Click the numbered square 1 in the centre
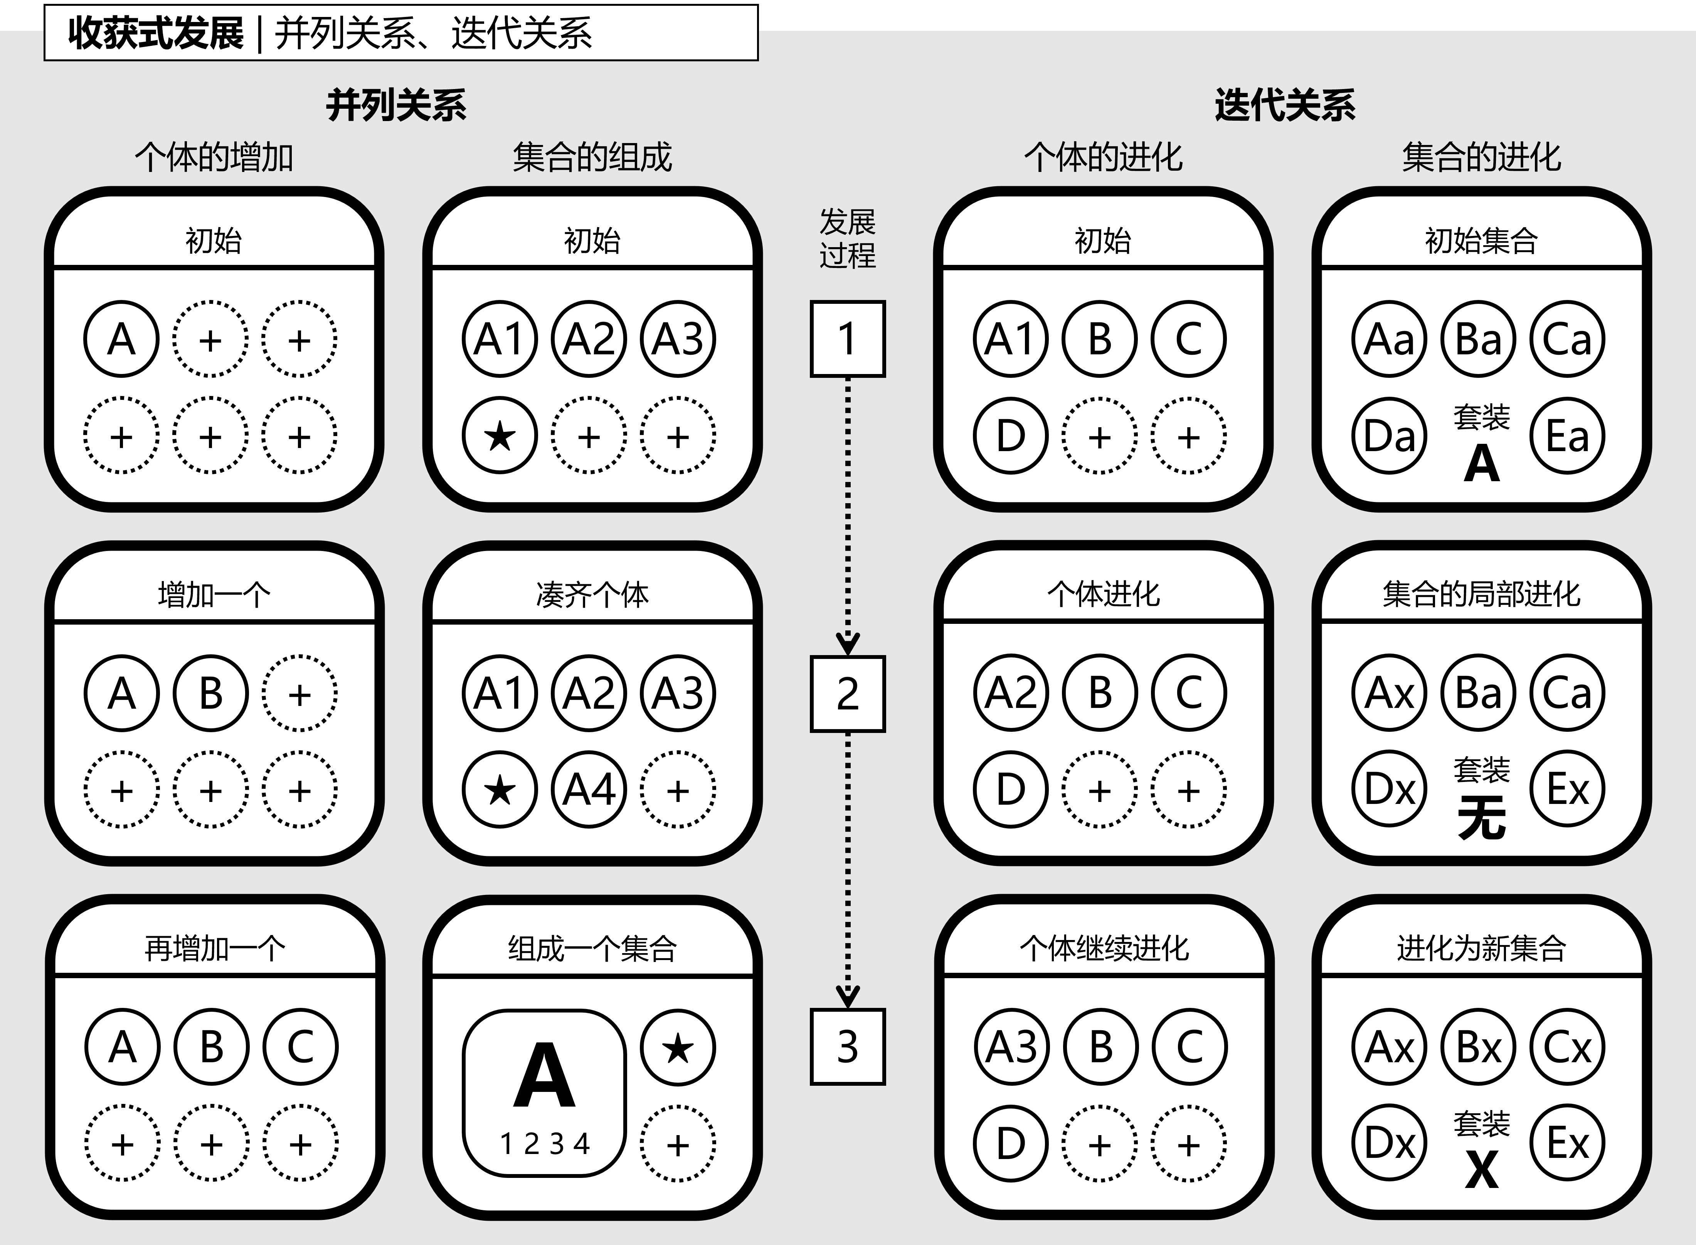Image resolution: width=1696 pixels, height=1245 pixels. pyautogui.click(x=848, y=339)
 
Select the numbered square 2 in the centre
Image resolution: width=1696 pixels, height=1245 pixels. pyautogui.click(x=848, y=693)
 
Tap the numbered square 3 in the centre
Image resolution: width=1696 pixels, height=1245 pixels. pyautogui.click(x=848, y=1047)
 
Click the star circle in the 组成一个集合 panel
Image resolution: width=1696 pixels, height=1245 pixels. pyautogui.click(x=677, y=1048)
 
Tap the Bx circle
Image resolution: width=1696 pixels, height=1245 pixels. pyautogui.click(x=1478, y=1047)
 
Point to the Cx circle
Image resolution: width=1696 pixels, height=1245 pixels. pyautogui.click(x=1567, y=1047)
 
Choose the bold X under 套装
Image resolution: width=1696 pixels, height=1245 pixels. pyautogui.click(x=1481, y=1170)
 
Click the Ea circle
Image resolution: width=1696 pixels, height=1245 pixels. pyautogui.click(x=1567, y=436)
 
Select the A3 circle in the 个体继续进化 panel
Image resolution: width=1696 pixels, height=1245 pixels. pyautogui.click(x=1011, y=1047)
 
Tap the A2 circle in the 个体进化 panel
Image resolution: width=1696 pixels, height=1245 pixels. pyautogui.click(x=1011, y=693)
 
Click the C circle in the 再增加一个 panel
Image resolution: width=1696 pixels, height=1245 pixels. pyautogui.click(x=300, y=1047)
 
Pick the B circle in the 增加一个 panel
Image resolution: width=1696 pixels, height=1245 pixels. pyautogui.click(x=211, y=693)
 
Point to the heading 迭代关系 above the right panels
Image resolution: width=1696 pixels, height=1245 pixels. pyautogui.click(x=1285, y=105)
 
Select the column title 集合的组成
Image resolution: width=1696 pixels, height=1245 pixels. pyautogui.click(x=592, y=158)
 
